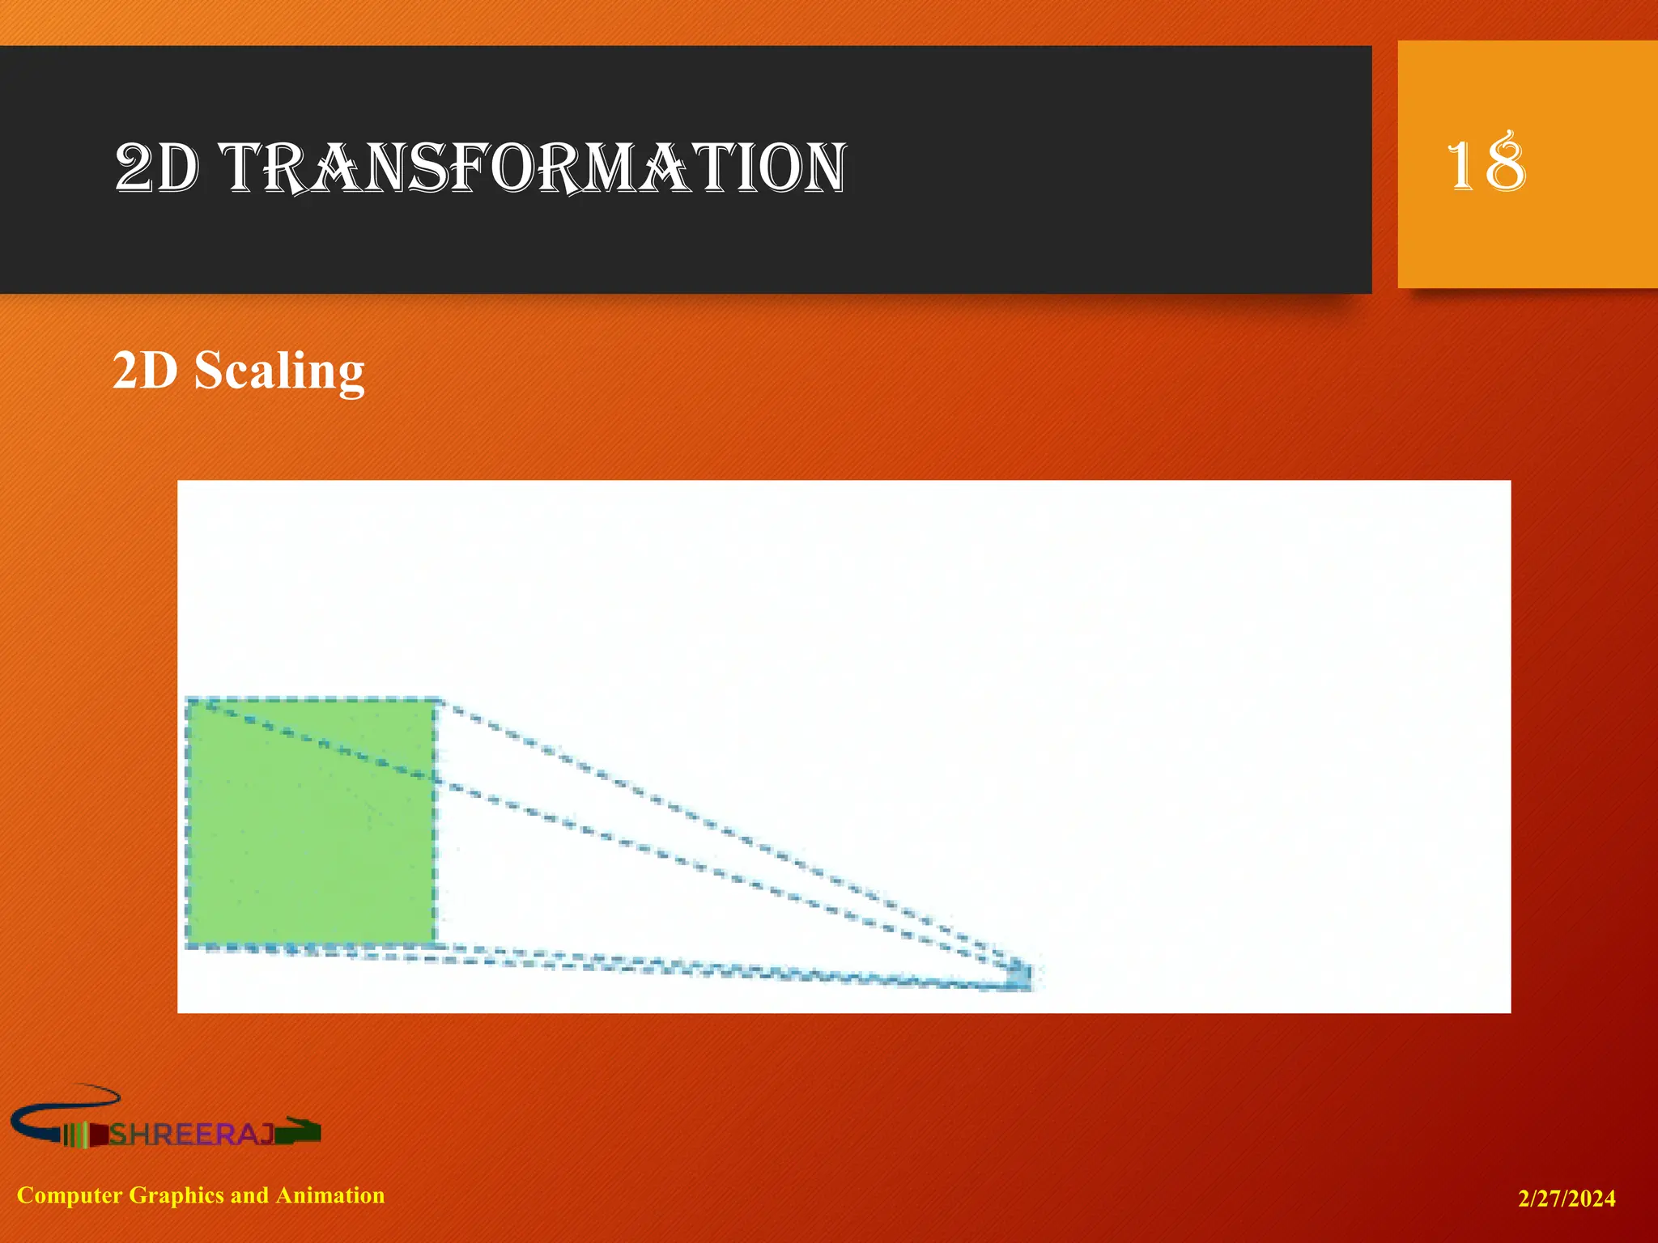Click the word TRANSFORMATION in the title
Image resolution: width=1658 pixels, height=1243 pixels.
click(x=534, y=168)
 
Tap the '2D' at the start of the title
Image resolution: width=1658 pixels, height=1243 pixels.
click(x=156, y=168)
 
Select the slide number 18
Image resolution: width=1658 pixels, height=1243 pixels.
click(x=1486, y=164)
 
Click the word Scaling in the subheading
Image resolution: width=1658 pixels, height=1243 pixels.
click(x=279, y=371)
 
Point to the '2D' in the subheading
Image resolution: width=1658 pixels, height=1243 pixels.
click(x=145, y=371)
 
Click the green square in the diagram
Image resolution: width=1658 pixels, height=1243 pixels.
click(x=311, y=822)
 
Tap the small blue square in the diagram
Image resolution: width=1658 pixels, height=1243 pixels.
click(x=1022, y=975)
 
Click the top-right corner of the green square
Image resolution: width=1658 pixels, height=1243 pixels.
click(x=436, y=701)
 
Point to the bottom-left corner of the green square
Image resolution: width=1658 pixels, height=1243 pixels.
click(x=188, y=944)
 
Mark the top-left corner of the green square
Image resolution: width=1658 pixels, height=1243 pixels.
click(x=188, y=701)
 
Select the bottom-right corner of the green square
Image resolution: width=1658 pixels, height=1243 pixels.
click(x=436, y=944)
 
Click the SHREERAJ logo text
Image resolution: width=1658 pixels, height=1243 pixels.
click(x=192, y=1135)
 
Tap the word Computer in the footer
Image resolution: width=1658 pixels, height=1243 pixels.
click(x=70, y=1195)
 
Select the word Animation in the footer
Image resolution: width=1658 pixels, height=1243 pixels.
click(x=330, y=1195)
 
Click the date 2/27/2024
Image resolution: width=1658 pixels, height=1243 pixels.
click(x=1567, y=1198)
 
